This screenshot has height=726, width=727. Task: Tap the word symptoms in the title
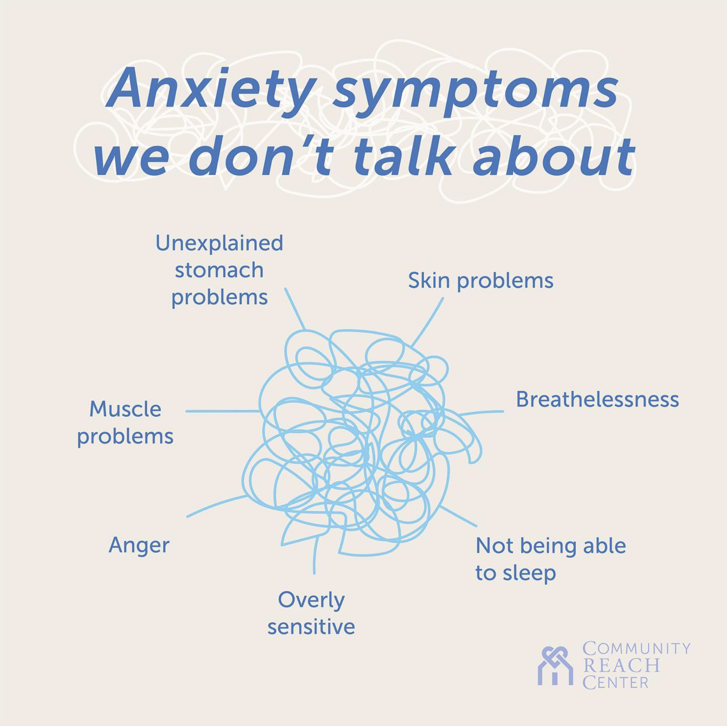(476, 91)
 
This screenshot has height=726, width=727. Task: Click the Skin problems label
(481, 281)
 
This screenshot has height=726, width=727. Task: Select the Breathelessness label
(597, 400)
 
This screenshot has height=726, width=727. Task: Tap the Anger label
(139, 545)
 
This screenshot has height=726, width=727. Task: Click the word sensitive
(311, 627)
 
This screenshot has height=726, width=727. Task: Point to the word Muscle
(125, 410)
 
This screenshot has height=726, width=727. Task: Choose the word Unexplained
(219, 243)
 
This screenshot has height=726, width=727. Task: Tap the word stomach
(219, 271)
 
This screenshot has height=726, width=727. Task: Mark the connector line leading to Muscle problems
(222, 411)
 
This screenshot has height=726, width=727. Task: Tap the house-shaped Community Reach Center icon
(555, 667)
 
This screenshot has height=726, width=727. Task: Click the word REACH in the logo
(621, 666)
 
